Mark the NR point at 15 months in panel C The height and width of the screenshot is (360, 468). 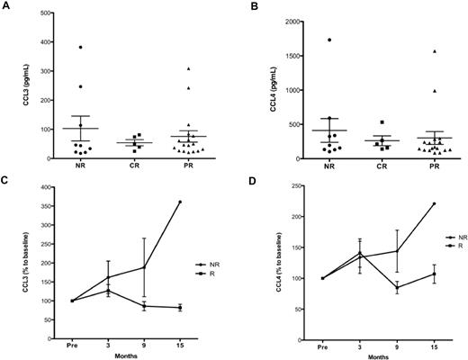180,202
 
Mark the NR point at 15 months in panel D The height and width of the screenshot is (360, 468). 434,203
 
